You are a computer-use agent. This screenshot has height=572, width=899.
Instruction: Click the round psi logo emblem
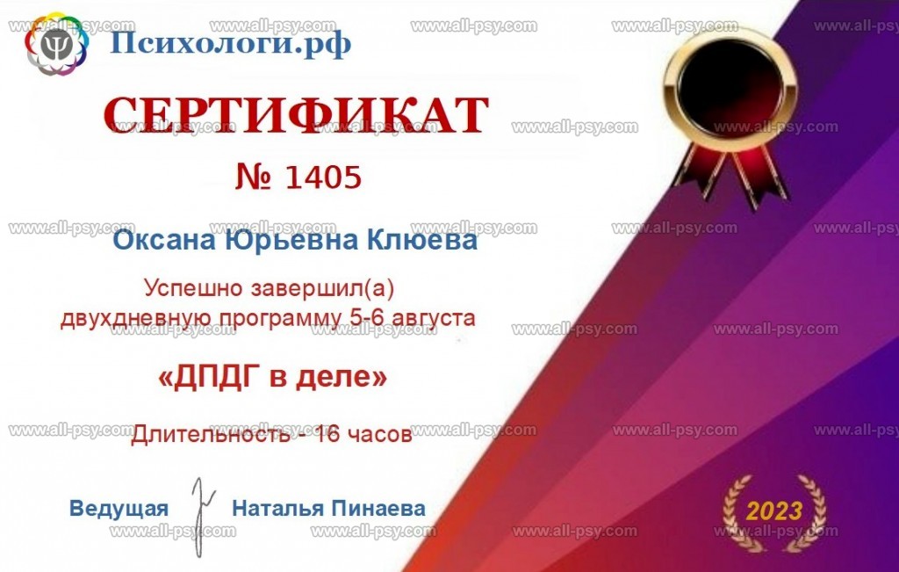(57, 44)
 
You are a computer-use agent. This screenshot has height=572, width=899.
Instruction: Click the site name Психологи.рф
(230, 43)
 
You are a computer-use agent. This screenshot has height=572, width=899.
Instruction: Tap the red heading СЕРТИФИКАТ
(297, 115)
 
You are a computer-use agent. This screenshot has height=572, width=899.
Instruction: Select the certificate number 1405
(323, 177)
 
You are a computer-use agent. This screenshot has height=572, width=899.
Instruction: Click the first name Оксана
(164, 240)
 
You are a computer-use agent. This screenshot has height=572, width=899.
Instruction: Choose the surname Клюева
(421, 240)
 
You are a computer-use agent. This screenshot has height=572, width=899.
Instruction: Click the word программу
(281, 318)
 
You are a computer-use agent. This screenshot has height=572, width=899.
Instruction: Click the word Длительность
(211, 434)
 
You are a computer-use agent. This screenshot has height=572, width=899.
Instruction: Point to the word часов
(379, 435)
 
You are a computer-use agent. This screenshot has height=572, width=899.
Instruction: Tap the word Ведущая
(119, 509)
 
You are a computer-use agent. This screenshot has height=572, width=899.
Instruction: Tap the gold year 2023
(773, 510)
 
